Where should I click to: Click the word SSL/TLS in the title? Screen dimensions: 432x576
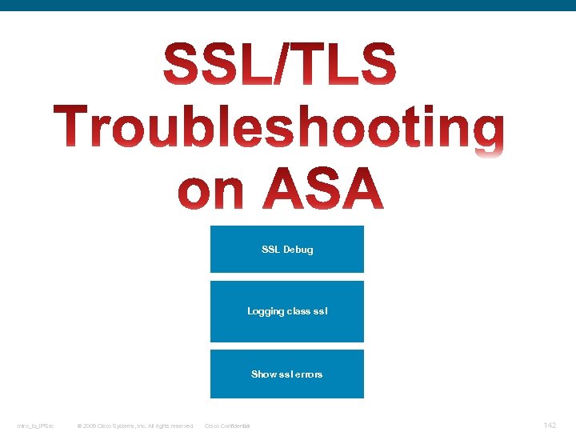tap(279, 66)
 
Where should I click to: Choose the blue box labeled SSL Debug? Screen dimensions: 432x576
tap(286, 249)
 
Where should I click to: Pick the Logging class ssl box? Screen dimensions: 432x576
tap(286, 311)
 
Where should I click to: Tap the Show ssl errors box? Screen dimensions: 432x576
tap(286, 374)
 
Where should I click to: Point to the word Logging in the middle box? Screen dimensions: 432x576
tap(266, 311)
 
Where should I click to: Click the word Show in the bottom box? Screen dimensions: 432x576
tap(263, 374)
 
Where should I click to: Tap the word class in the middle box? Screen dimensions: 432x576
tap(298, 311)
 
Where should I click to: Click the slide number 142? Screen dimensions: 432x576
tap(550, 425)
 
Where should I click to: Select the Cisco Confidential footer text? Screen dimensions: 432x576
tap(227, 426)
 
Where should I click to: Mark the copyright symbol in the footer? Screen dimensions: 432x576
tap(78, 426)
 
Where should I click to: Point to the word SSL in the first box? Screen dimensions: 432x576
tap(270, 250)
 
